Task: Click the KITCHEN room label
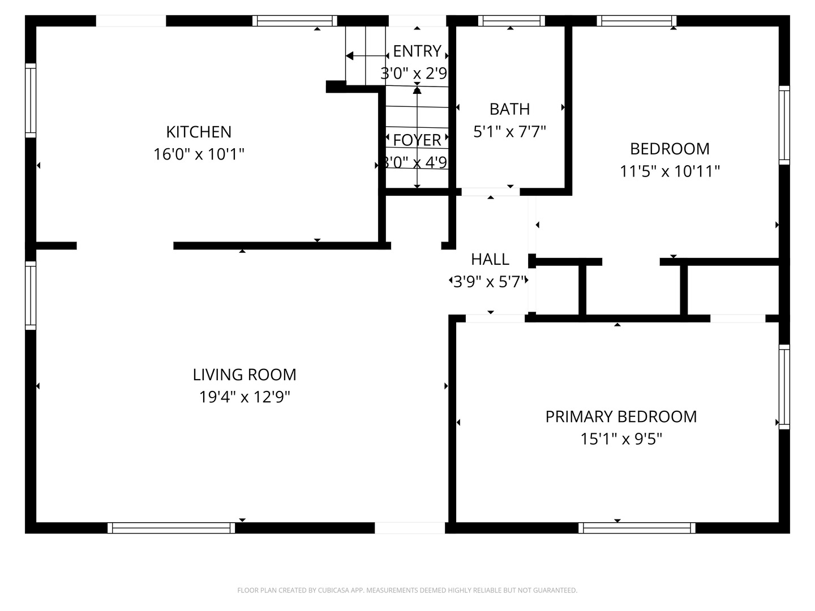199,132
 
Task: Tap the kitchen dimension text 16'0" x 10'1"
199,154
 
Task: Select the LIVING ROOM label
244,375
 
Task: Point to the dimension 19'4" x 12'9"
244,397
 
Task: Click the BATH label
509,109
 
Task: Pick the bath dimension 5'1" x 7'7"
509,132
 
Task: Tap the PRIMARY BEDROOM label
621,416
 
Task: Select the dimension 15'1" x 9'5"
621,439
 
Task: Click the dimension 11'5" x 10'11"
670,171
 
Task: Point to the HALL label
490,260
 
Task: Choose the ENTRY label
417,51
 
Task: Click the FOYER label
417,140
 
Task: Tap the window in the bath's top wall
511,21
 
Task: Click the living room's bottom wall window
171,527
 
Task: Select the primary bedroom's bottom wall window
637,527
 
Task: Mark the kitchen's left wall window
31,101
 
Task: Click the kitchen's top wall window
295,21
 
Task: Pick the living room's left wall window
31,295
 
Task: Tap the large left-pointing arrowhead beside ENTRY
349,56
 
